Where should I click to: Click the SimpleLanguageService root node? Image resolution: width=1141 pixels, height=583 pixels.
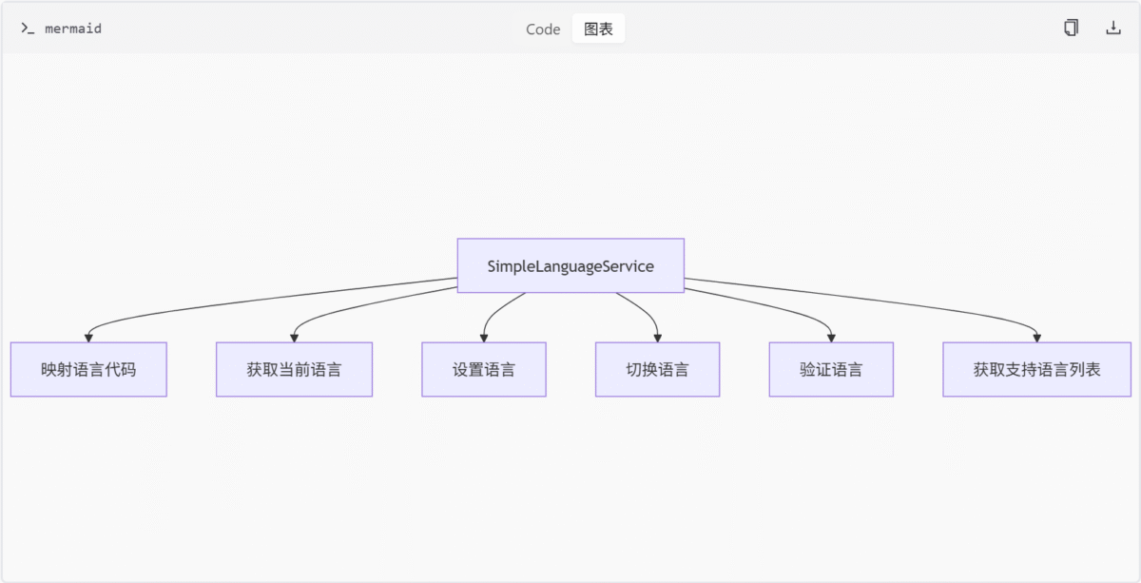pos(570,265)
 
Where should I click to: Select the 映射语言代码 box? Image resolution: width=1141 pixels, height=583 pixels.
pos(88,369)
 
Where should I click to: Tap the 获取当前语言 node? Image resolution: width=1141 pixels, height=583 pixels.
pos(294,369)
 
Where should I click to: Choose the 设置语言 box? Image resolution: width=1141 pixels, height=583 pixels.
pos(484,369)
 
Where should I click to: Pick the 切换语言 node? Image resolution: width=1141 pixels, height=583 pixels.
pos(658,369)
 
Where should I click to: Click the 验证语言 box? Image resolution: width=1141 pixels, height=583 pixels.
pos(831,369)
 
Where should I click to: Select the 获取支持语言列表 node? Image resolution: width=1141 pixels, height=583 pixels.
pos(1037,369)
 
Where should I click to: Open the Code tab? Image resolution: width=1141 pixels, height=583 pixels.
pos(543,29)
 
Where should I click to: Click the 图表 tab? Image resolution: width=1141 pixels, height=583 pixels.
pos(598,29)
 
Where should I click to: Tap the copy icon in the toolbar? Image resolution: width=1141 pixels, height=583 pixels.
pos(1072,28)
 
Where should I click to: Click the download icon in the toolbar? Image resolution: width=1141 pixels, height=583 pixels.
pos(1113,28)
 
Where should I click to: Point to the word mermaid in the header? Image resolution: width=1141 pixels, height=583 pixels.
pos(73,29)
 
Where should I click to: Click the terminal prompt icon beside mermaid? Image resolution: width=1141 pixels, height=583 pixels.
pos(28,29)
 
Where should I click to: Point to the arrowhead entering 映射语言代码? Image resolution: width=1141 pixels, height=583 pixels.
pos(88,338)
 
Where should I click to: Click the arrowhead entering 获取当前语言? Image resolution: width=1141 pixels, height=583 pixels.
pos(294,338)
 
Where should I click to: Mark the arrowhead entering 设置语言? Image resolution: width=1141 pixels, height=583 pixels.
pos(484,338)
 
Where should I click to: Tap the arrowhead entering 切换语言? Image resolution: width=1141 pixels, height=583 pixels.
pos(658,338)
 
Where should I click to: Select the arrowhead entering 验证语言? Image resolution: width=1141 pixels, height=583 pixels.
pos(831,338)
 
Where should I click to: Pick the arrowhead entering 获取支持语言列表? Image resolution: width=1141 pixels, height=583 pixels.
pos(1037,338)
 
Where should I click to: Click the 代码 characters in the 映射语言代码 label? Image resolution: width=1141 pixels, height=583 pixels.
pos(120,369)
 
